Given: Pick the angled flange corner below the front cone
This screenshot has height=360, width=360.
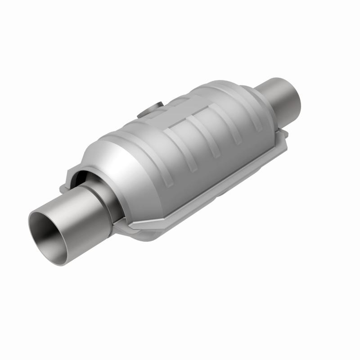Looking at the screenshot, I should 135,227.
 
